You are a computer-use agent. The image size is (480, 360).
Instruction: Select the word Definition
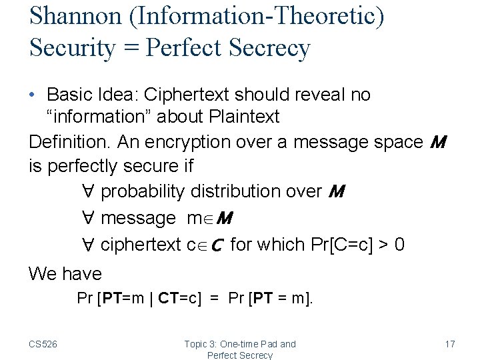pos(70,141)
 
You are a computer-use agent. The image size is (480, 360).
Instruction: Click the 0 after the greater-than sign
pos(399,245)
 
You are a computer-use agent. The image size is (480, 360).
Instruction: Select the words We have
pos(65,273)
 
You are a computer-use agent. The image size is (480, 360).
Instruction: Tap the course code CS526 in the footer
pos(43,344)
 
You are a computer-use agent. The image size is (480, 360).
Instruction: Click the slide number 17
pos(449,344)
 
